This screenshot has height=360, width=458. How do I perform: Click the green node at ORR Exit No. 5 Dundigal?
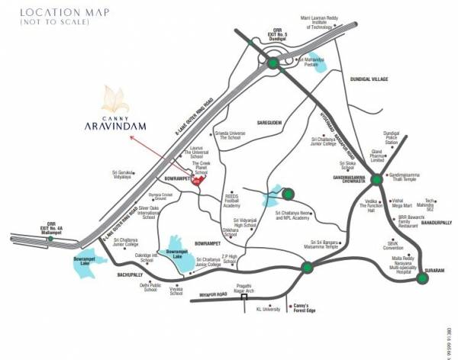point(273,64)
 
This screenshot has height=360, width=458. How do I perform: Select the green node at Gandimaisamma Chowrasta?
point(376,180)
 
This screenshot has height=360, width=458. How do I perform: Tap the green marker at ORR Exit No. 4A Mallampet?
point(50,239)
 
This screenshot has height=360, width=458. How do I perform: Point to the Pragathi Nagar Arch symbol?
point(244,298)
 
